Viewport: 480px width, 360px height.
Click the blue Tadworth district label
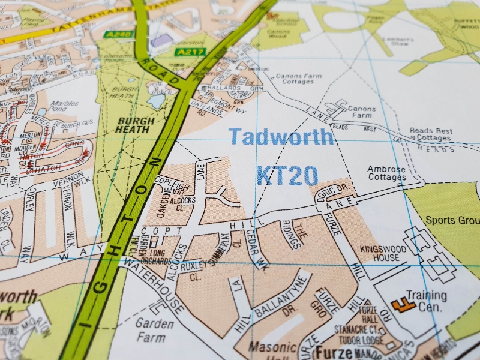coord(281,137)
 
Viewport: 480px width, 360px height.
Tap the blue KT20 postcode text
coord(287,175)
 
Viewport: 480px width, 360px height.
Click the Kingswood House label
coord(379,253)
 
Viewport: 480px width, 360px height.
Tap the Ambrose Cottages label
coord(387,173)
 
